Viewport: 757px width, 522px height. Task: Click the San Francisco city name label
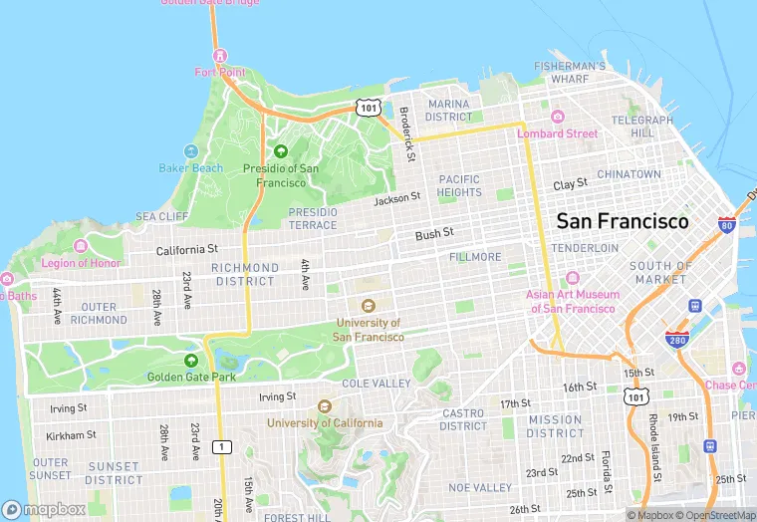[622, 221]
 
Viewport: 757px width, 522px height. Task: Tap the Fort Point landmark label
[219, 73]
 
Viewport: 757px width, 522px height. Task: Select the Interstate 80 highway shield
[726, 227]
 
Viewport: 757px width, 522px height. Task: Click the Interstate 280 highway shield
[677, 339]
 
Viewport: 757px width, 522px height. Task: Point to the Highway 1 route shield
[222, 447]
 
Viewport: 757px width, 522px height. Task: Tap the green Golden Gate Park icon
[191, 360]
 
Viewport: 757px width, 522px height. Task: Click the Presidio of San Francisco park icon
[280, 151]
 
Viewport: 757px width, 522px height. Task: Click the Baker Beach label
[190, 167]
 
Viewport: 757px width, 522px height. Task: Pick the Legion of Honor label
[81, 263]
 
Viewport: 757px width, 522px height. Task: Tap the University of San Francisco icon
[369, 306]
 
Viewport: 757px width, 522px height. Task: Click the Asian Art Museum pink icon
[572, 278]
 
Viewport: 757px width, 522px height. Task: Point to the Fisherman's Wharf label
[569, 72]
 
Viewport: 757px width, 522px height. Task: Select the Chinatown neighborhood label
[629, 174]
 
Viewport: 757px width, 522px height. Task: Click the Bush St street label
[434, 234]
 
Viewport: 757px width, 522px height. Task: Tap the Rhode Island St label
[653, 442]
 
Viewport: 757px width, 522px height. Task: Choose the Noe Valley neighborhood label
[479, 487]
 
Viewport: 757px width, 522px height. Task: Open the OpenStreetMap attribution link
[713, 515]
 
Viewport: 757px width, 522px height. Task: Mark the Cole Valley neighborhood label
[377, 384]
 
